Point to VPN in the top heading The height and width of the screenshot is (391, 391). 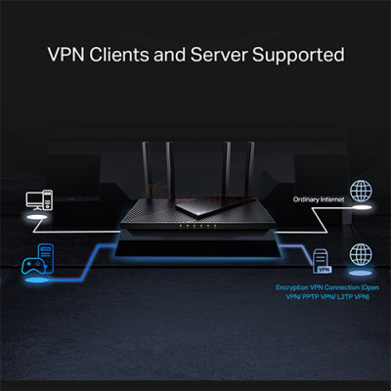pyautogui.click(x=67, y=52)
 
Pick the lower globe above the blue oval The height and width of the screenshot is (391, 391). pyautogui.click(x=361, y=256)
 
